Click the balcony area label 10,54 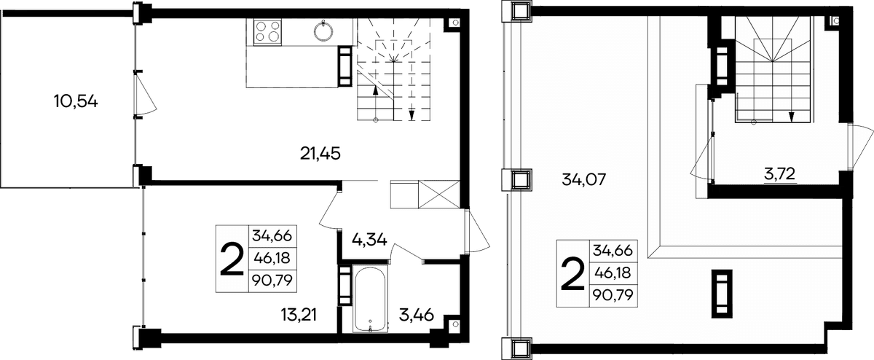point(76,102)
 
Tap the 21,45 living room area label point(320,154)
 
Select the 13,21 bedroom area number point(299,315)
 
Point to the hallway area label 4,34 point(369,239)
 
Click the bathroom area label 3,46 point(417,315)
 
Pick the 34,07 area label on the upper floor point(583,180)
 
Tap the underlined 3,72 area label point(779,174)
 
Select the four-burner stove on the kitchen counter point(267,31)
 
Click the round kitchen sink point(323,31)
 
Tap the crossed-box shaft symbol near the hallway point(438,194)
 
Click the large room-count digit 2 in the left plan point(232,259)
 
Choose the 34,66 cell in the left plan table point(272,236)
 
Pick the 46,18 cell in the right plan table point(613,273)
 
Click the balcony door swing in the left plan point(145,94)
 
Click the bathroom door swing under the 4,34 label point(408,252)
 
